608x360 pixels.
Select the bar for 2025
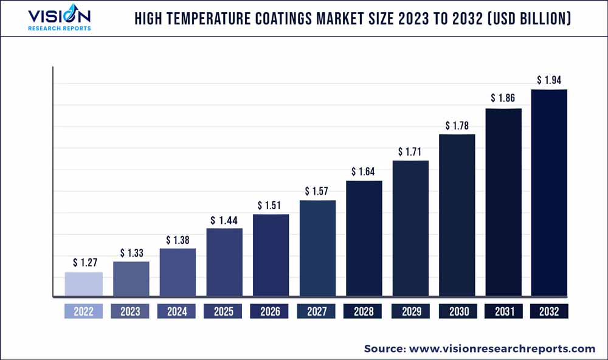point(224,263)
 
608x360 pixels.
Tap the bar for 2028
point(364,239)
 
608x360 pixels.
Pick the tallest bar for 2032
point(549,193)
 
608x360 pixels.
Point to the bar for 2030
point(457,215)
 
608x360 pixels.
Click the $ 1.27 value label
point(83,263)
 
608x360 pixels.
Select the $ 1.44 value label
point(224,220)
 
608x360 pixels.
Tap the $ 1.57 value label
point(317,192)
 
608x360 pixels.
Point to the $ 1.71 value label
point(410,151)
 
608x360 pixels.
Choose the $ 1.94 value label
point(549,80)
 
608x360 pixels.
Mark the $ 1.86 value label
point(503,98)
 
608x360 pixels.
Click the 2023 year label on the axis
point(130,311)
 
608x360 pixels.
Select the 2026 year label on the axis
point(271,311)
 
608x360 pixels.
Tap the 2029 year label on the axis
point(410,311)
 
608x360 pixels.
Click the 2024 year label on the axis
point(177,311)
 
